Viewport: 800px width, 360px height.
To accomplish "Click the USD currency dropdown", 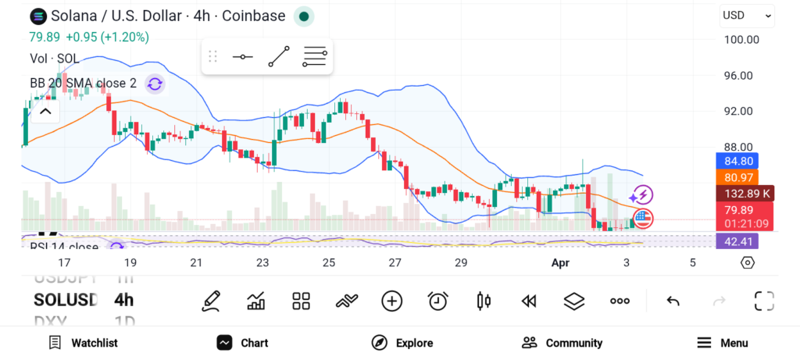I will (x=747, y=15).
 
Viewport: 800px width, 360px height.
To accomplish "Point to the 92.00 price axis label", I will (x=738, y=111).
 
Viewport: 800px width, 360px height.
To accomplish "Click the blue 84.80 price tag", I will (x=737, y=162).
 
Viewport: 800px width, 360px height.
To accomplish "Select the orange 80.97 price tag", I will (x=737, y=178).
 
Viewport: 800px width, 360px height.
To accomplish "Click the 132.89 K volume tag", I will (x=737, y=194).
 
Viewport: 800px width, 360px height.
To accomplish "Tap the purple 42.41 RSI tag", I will (x=737, y=241).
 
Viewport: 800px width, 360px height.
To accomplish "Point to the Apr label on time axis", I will (x=560, y=262).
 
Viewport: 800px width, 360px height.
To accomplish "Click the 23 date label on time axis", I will (x=262, y=262).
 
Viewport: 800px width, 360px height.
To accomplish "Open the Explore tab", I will (x=402, y=343).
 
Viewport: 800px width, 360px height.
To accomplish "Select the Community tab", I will (x=562, y=343).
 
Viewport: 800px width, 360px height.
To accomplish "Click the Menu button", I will (x=723, y=343).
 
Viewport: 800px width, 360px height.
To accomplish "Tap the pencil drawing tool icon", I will (x=210, y=301).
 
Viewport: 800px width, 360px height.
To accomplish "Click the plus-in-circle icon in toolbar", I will (x=391, y=301).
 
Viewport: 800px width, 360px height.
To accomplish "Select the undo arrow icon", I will (x=673, y=301).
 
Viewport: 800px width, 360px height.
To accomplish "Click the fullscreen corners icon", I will (x=764, y=301).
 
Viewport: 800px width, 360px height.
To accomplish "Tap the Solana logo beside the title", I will (x=37, y=16).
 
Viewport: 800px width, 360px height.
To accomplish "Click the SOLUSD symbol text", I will (x=66, y=300).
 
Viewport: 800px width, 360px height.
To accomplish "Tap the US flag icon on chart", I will (x=642, y=219).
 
